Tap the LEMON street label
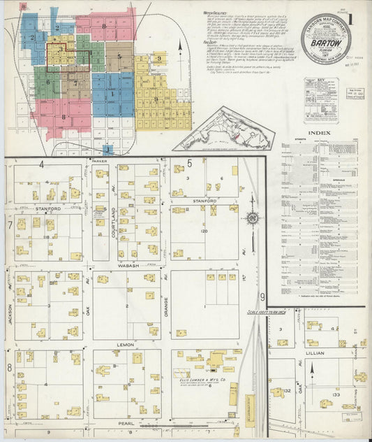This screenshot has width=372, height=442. pos(126,345)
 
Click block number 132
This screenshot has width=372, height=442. pos(286,392)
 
